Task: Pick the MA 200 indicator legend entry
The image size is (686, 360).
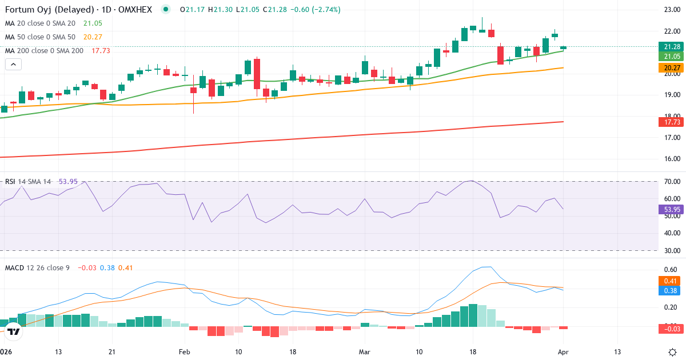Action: pyautogui.click(x=45, y=50)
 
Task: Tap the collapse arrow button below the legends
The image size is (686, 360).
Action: pyautogui.click(x=13, y=65)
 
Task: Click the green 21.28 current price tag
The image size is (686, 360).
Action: pyautogui.click(x=672, y=46)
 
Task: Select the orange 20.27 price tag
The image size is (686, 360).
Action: pyautogui.click(x=672, y=68)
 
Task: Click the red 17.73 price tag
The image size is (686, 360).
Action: pyautogui.click(x=672, y=122)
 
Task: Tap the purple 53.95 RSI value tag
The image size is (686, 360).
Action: pyautogui.click(x=672, y=209)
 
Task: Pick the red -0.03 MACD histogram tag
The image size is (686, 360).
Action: pyautogui.click(x=672, y=329)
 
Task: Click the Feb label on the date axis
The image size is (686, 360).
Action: pyautogui.click(x=184, y=351)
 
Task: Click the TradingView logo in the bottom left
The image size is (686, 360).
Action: pyautogui.click(x=14, y=331)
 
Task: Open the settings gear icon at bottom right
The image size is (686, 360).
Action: pyautogui.click(x=672, y=351)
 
